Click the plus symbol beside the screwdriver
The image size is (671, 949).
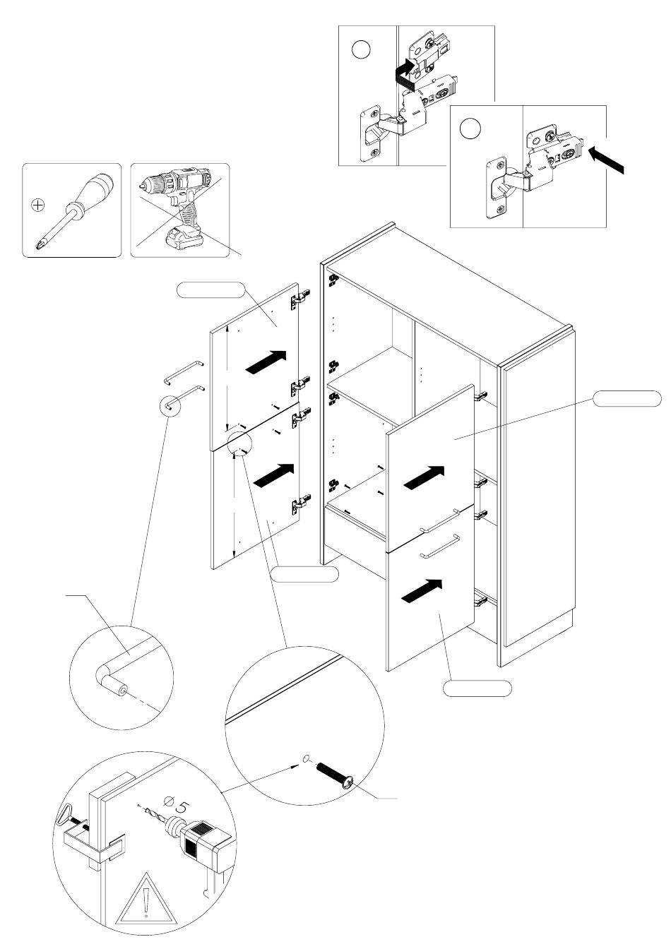[x=38, y=205]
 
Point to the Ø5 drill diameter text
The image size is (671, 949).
[x=177, y=804]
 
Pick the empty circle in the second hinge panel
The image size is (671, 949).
[x=470, y=129]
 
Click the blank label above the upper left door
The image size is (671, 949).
[x=210, y=290]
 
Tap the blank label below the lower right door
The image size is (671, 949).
[x=477, y=688]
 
